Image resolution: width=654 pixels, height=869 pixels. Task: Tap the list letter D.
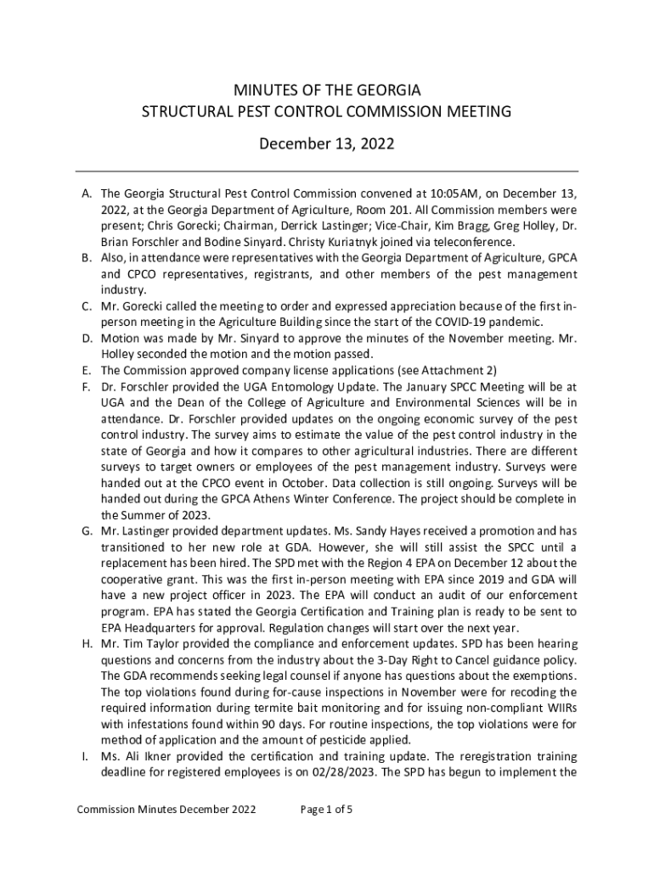point(86,339)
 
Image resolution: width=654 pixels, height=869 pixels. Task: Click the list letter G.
point(86,530)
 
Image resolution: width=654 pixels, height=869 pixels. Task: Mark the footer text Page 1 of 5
point(327,809)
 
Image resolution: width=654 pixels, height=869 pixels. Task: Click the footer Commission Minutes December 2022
point(166,809)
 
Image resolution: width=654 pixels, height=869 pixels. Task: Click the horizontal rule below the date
point(327,171)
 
